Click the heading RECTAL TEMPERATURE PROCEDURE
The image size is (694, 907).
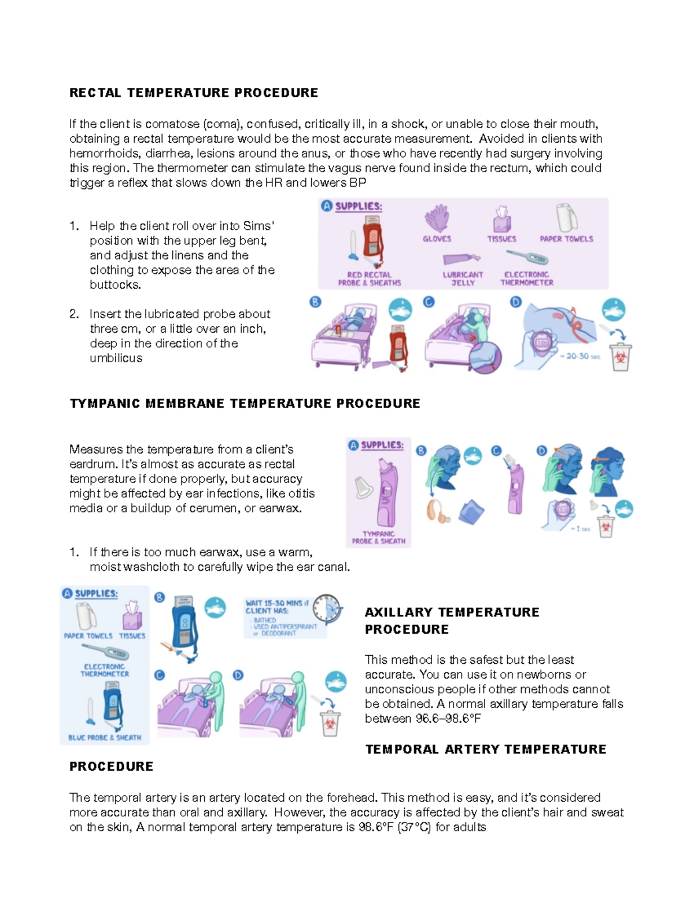click(x=194, y=93)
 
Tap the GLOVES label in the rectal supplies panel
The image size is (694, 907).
click(x=437, y=239)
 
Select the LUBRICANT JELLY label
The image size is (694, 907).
click(x=463, y=278)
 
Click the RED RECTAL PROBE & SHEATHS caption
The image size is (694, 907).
click(x=369, y=279)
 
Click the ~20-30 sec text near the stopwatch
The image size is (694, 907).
click(x=580, y=356)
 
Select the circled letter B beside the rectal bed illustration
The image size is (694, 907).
click(x=315, y=302)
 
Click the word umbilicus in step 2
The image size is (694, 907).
click(x=116, y=358)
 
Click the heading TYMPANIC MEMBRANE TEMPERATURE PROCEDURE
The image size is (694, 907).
click(x=245, y=404)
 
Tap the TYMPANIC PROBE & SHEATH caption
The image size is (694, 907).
click(x=378, y=538)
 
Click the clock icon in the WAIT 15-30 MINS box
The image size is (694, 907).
click(x=328, y=608)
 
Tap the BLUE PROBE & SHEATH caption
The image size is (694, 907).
click(x=105, y=738)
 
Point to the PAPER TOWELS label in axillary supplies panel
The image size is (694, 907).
click(x=88, y=636)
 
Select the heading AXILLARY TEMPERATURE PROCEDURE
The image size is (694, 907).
click(x=452, y=620)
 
